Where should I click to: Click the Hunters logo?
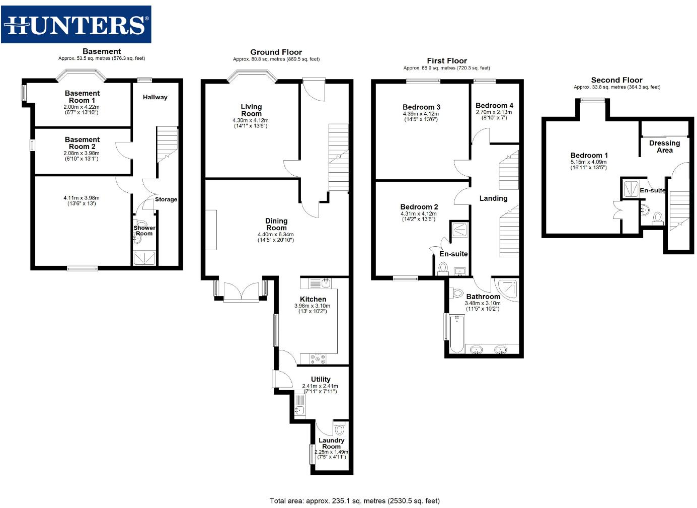click(76, 24)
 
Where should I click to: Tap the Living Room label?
click(251, 110)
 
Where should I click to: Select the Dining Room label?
click(276, 224)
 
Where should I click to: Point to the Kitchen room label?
click(313, 299)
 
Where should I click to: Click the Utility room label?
click(321, 379)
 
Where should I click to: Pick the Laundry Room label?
click(331, 443)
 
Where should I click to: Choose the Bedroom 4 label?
click(494, 106)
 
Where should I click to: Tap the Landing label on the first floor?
click(493, 198)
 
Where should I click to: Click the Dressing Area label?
click(664, 147)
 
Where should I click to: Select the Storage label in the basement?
click(166, 199)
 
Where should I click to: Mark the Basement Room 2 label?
click(82, 143)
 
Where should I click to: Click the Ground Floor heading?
click(276, 52)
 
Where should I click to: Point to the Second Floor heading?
click(616, 80)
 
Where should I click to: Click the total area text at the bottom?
click(354, 500)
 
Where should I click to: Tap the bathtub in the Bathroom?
click(457, 333)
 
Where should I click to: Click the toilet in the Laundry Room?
click(340, 429)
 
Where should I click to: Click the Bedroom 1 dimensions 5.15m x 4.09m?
click(588, 162)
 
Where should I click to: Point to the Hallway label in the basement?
click(155, 97)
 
